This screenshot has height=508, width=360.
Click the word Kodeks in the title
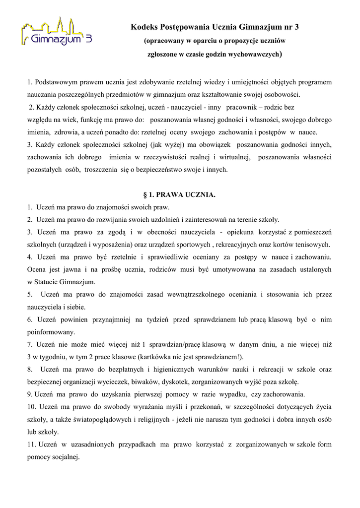(x=144, y=26)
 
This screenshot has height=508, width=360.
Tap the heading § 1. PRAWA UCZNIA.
(x=179, y=194)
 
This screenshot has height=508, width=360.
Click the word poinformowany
(x=51, y=332)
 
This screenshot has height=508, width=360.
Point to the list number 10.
(x=31, y=407)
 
